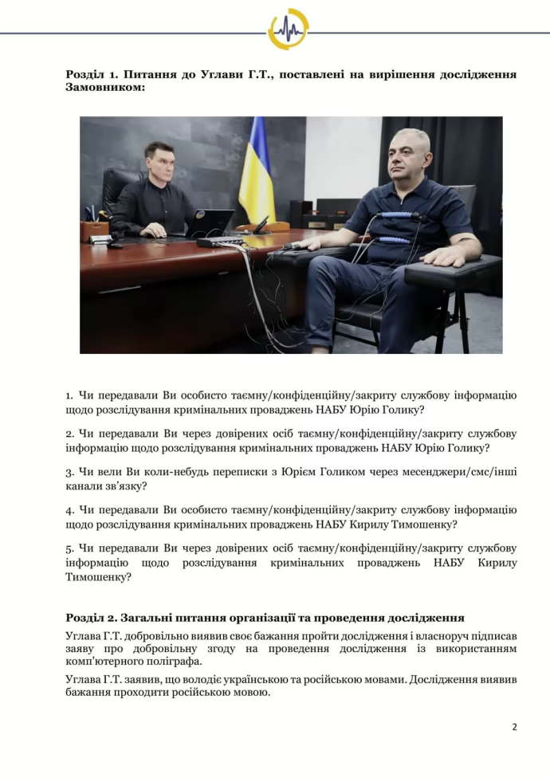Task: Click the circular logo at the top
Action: [288, 29]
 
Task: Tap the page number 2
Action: [514, 726]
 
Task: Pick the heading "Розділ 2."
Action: [94, 618]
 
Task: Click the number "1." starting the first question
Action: [70, 395]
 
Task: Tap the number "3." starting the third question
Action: [70, 472]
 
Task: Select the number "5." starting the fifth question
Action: [70, 548]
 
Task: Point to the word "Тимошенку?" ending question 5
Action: [98, 577]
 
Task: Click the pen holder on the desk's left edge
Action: [95, 229]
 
